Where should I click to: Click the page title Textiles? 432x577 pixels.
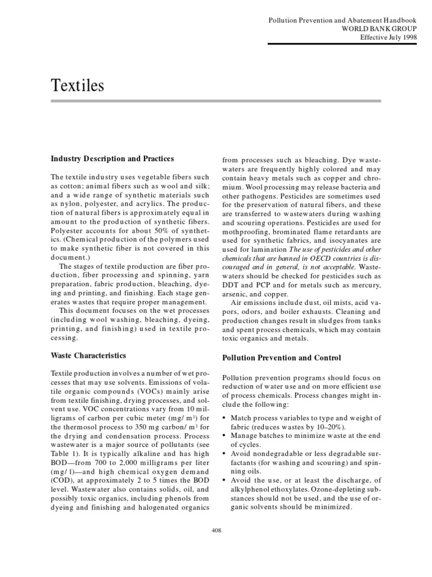pos(78,86)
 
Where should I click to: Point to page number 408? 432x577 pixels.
pos(216,530)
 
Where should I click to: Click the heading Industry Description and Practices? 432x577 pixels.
pos(112,159)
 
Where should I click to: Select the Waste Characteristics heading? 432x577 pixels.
pos(88,356)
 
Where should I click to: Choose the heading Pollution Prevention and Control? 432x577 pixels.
pos(282,358)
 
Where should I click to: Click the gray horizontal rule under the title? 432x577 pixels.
pos(216,101)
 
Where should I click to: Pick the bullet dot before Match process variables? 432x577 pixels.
pos(225,418)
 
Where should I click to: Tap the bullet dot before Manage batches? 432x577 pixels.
pos(225,436)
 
